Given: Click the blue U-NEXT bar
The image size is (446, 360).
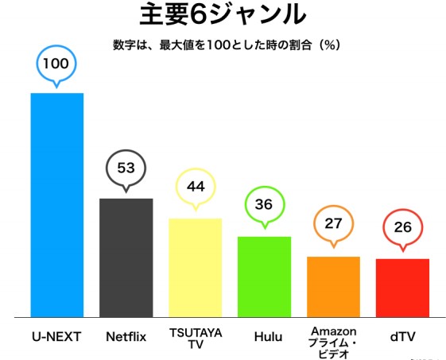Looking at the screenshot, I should click(56, 205).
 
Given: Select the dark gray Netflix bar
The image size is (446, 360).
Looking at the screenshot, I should click(126, 257).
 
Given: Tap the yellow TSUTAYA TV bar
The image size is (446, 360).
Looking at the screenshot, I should click(195, 268).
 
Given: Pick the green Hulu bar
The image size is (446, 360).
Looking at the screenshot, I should click(264, 277).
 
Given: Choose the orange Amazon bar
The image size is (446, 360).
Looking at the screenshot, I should click(333, 287).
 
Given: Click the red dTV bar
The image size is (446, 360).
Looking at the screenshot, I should click(402, 288).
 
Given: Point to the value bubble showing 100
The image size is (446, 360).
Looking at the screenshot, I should click(56, 63).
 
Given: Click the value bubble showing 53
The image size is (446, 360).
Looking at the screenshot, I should click(125, 168).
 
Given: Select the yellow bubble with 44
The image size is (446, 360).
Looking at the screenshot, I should click(196, 187).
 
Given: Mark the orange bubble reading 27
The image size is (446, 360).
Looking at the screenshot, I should click(333, 223).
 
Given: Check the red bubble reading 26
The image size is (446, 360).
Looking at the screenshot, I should click(403, 227).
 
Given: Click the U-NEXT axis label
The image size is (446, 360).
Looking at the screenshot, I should click(56, 336).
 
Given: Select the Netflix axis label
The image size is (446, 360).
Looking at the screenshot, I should click(126, 336).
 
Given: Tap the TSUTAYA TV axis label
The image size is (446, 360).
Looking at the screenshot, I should click(195, 337).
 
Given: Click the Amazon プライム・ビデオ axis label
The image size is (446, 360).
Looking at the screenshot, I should click(333, 343).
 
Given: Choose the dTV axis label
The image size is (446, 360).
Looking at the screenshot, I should click(403, 336).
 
